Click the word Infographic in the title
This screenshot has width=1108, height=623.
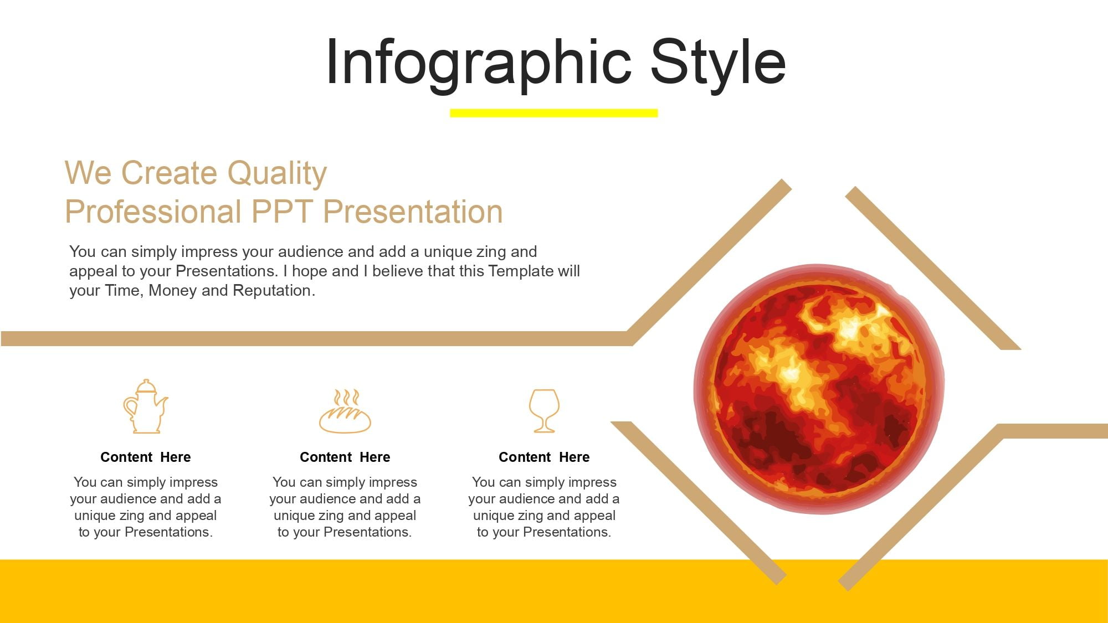pyautogui.click(x=479, y=64)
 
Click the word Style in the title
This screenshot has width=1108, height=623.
pyautogui.click(x=718, y=63)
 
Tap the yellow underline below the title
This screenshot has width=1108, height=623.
pyautogui.click(x=553, y=113)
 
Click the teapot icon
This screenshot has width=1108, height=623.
pyautogui.click(x=145, y=406)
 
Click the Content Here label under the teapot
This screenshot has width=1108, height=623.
pyautogui.click(x=145, y=457)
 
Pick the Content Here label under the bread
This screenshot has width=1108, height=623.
pyautogui.click(x=345, y=457)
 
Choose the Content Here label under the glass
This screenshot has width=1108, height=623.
pyautogui.click(x=544, y=457)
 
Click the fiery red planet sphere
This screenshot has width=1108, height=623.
pyautogui.click(x=819, y=389)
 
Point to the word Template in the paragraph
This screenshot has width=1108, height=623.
pyautogui.click(x=521, y=271)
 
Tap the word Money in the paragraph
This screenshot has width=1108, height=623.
pyautogui.click(x=173, y=291)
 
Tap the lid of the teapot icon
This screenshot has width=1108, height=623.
pyautogui.click(x=146, y=386)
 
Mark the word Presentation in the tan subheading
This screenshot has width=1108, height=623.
pyautogui.click(x=413, y=212)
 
